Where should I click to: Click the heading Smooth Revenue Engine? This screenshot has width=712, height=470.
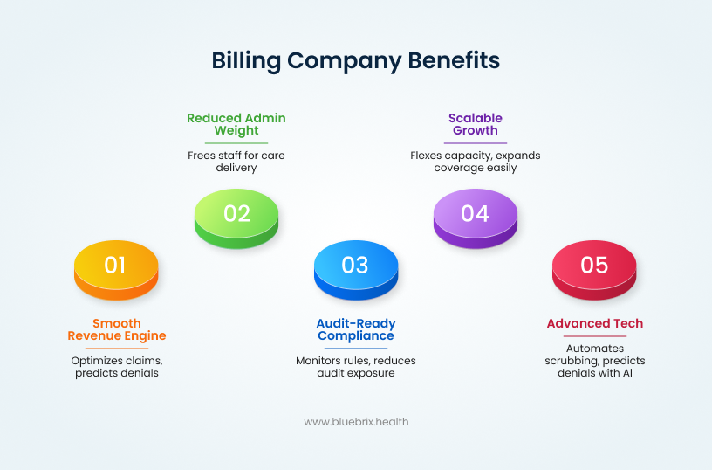point(117,329)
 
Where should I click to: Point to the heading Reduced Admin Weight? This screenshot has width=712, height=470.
point(236,124)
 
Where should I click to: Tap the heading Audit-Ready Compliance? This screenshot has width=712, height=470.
point(355,329)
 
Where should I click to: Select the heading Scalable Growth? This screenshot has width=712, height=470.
point(476,124)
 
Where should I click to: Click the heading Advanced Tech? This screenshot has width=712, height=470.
point(595,323)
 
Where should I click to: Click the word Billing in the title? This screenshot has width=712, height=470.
point(246,60)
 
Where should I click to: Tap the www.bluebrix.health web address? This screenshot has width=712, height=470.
point(356,422)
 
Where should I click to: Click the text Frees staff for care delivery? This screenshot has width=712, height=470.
point(236,162)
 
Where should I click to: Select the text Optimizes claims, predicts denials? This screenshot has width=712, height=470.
point(117,367)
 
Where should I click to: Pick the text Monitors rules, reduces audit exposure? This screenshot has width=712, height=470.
point(355,367)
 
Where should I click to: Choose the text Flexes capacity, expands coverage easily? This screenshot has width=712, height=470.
point(476,162)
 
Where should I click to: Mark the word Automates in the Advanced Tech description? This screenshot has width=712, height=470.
point(595,348)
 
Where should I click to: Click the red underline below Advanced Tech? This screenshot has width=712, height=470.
point(595,336)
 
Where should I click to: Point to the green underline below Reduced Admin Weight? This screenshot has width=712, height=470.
point(236,143)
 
